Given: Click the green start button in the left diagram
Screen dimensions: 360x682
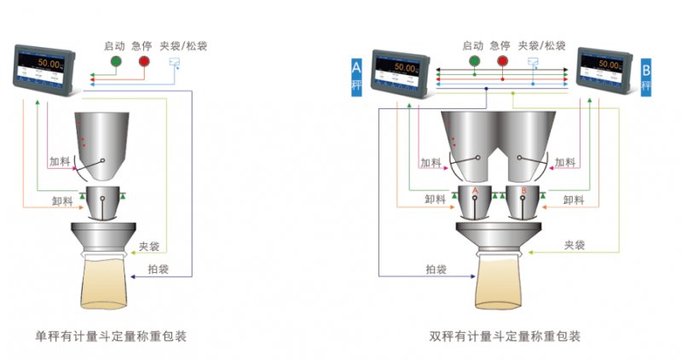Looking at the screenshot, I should [114, 62].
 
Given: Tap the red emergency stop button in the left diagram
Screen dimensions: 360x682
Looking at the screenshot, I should [143, 62].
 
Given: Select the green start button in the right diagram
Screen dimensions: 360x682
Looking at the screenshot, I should [472, 62].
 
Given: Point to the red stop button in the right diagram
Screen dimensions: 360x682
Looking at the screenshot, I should [502, 62].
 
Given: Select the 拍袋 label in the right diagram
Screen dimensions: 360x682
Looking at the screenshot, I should [436, 270].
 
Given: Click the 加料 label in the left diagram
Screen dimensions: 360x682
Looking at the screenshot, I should [60, 161].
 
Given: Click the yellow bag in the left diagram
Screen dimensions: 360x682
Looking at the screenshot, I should [107, 283].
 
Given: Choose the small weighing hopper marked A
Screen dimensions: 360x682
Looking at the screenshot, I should [474, 201].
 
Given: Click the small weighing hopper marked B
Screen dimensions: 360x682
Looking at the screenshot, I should [522, 201].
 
